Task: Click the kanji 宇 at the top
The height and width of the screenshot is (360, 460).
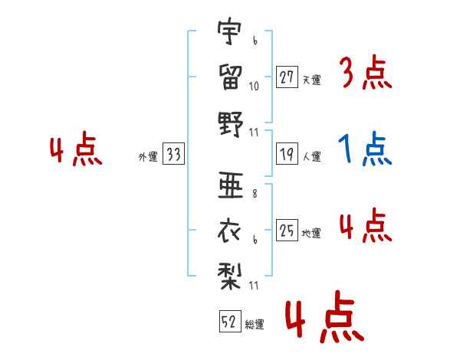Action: [x=230, y=31]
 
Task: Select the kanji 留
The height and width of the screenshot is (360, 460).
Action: [x=231, y=77]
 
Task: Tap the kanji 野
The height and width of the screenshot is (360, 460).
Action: [x=231, y=124]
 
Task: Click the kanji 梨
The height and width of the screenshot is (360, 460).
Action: [x=230, y=276]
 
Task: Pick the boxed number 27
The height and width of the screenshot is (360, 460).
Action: [x=287, y=77]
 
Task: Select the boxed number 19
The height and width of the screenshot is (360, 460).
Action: [x=287, y=154]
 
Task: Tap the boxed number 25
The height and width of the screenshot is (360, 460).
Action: [x=287, y=230]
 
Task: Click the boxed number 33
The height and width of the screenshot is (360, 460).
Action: [x=174, y=154]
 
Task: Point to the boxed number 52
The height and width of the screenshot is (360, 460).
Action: [x=230, y=321]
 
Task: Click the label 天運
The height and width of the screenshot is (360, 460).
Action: [x=312, y=80]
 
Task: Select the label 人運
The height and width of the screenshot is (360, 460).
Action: [x=312, y=156]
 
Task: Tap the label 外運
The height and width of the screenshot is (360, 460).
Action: [x=148, y=156]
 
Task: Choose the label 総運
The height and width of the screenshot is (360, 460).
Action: [x=255, y=324]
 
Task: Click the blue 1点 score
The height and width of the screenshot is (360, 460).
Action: [x=365, y=149]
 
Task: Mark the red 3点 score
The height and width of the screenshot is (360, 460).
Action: [x=367, y=72]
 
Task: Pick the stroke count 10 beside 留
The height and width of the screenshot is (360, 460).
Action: [x=254, y=87]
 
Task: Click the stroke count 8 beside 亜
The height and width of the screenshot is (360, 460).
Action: [x=255, y=194]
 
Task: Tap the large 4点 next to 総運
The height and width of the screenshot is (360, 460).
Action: [x=324, y=317]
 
